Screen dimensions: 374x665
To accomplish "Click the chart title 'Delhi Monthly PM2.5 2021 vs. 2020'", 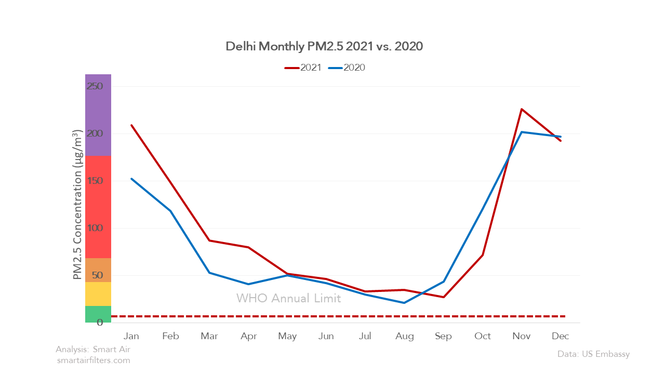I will tap(324, 46).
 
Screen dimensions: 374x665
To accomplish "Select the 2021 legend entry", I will tap(303, 68).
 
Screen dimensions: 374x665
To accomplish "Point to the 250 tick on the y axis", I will tap(95, 86).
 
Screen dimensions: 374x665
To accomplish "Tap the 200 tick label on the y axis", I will tap(95, 133).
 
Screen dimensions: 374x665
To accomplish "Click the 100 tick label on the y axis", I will tap(95, 228).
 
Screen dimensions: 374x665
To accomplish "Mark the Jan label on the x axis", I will tap(131, 336).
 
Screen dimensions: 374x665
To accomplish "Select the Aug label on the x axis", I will tap(404, 336).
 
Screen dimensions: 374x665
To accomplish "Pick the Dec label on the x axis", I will tap(561, 336).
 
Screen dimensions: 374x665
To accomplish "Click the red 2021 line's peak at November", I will tap(521, 109).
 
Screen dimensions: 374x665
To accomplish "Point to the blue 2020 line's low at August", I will tap(404, 303).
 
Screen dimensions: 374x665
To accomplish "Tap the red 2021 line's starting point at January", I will tap(131, 125).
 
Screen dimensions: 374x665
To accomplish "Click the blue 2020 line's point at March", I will tap(209, 273).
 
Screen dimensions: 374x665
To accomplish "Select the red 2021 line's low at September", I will tap(443, 297).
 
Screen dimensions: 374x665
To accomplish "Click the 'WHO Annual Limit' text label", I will tap(288, 298).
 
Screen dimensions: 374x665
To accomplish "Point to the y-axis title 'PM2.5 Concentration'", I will tap(77, 205).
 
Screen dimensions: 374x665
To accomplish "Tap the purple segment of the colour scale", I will tap(98, 114).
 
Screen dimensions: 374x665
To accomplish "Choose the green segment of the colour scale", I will tap(98, 314).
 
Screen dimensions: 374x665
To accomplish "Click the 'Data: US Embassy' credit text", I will tap(593, 354).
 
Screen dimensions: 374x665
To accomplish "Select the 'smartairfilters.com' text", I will tap(94, 360).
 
